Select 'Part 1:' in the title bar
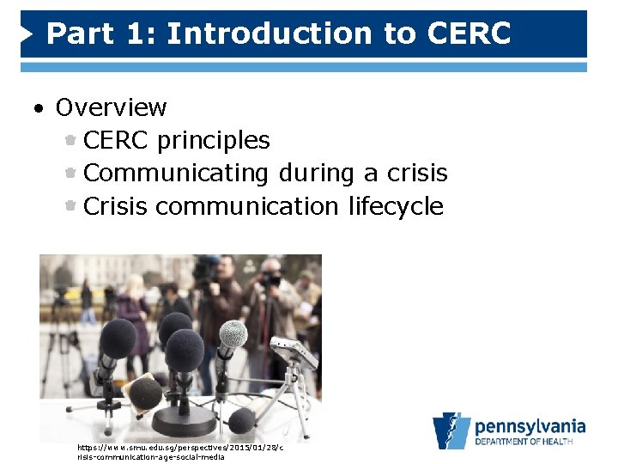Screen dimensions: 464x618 (x=101, y=34)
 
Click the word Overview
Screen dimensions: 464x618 (x=111, y=107)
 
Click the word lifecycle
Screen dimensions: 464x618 (x=396, y=206)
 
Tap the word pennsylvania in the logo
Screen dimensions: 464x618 (x=530, y=426)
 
